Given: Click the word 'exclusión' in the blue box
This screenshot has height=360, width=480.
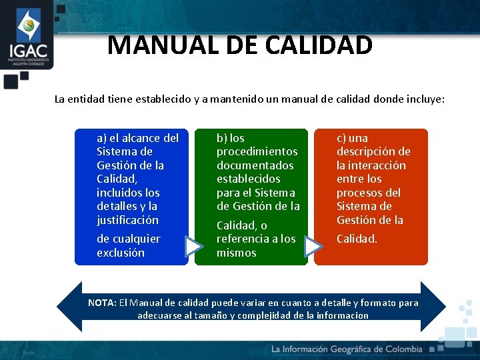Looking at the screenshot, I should pos(120,253).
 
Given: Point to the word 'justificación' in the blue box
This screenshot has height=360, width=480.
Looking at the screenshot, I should pos(127,219).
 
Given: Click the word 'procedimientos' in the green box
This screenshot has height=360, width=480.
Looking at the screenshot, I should pos(257,151).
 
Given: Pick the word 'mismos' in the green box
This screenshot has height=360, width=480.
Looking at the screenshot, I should pos(236,253).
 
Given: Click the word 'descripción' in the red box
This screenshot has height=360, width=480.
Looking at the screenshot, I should pos(373,151).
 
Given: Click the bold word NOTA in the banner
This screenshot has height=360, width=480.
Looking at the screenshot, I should pos(102,303).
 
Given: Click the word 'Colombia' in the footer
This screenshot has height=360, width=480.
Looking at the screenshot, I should pos(399,349).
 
